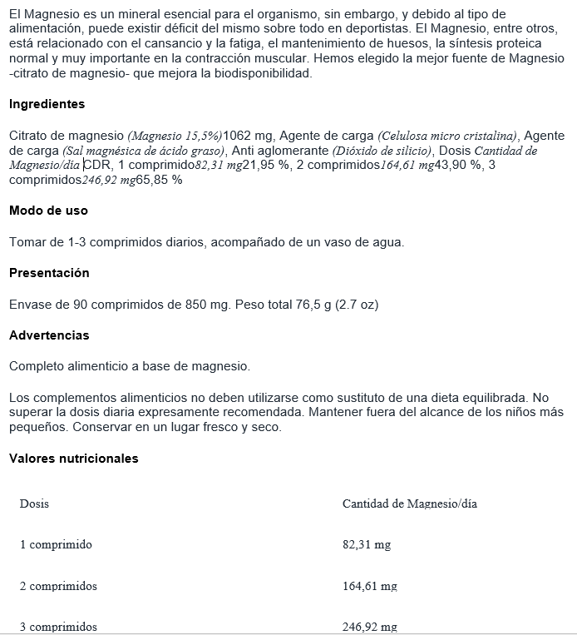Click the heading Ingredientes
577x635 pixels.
pyautogui.click(x=47, y=105)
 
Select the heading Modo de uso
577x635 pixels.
pyautogui.click(x=48, y=211)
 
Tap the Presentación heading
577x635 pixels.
pyautogui.click(x=49, y=273)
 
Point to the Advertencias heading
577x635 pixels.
pyautogui.click(x=49, y=335)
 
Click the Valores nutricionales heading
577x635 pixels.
pyautogui.click(x=74, y=459)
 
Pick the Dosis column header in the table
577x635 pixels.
pyautogui.click(x=34, y=504)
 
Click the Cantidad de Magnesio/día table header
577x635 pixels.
pyautogui.click(x=409, y=504)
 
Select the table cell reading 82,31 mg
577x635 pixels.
pyautogui.click(x=366, y=545)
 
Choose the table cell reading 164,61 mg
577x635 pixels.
pyautogui.click(x=369, y=586)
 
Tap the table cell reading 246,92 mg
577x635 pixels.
pyautogui.click(x=369, y=627)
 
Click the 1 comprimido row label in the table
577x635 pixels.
pyautogui.click(x=56, y=545)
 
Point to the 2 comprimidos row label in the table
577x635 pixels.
pyautogui.click(x=58, y=586)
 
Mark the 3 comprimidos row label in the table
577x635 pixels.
pyautogui.click(x=58, y=627)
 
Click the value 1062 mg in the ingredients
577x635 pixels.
pyautogui.click(x=250, y=136)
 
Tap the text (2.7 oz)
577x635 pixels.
pyautogui.click(x=357, y=305)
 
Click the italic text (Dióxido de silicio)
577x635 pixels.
pyautogui.click(x=382, y=151)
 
